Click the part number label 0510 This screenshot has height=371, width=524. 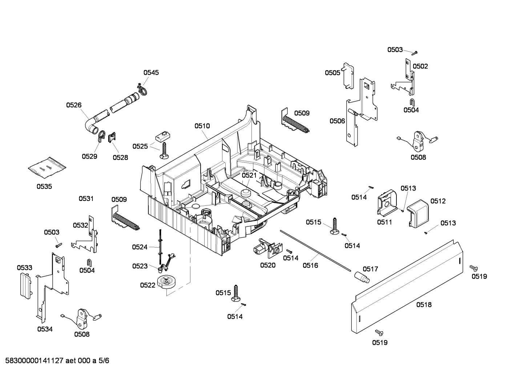202,126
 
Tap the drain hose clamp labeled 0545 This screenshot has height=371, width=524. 141,88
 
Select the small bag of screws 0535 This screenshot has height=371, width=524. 47,168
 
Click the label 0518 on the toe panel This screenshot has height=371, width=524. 424,304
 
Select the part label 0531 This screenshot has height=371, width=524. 86,198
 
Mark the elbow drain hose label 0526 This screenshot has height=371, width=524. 74,105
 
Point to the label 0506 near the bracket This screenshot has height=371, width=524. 337,121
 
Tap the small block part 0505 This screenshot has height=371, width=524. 349,75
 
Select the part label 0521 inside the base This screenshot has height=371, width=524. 249,175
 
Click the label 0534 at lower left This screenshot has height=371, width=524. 45,329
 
